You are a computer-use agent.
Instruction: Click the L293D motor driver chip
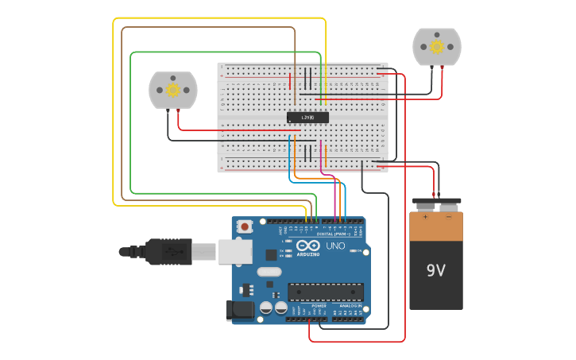click(x=307, y=118)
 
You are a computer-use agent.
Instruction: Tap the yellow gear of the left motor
click(x=172, y=90)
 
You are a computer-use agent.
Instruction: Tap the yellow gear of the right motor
click(x=436, y=47)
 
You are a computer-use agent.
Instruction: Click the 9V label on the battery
click(x=435, y=270)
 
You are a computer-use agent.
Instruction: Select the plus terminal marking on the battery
click(x=425, y=216)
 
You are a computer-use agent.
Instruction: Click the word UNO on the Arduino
click(x=335, y=246)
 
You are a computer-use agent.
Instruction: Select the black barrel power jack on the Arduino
click(x=239, y=310)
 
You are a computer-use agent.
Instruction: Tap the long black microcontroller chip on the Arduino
click(x=326, y=292)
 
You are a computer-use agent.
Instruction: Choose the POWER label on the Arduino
click(x=319, y=306)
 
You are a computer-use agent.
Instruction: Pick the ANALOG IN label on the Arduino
click(x=350, y=306)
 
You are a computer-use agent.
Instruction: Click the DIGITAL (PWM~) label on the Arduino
click(x=331, y=234)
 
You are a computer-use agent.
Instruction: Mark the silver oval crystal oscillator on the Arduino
click(x=269, y=272)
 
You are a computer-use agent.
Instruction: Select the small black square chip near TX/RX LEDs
click(x=271, y=255)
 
